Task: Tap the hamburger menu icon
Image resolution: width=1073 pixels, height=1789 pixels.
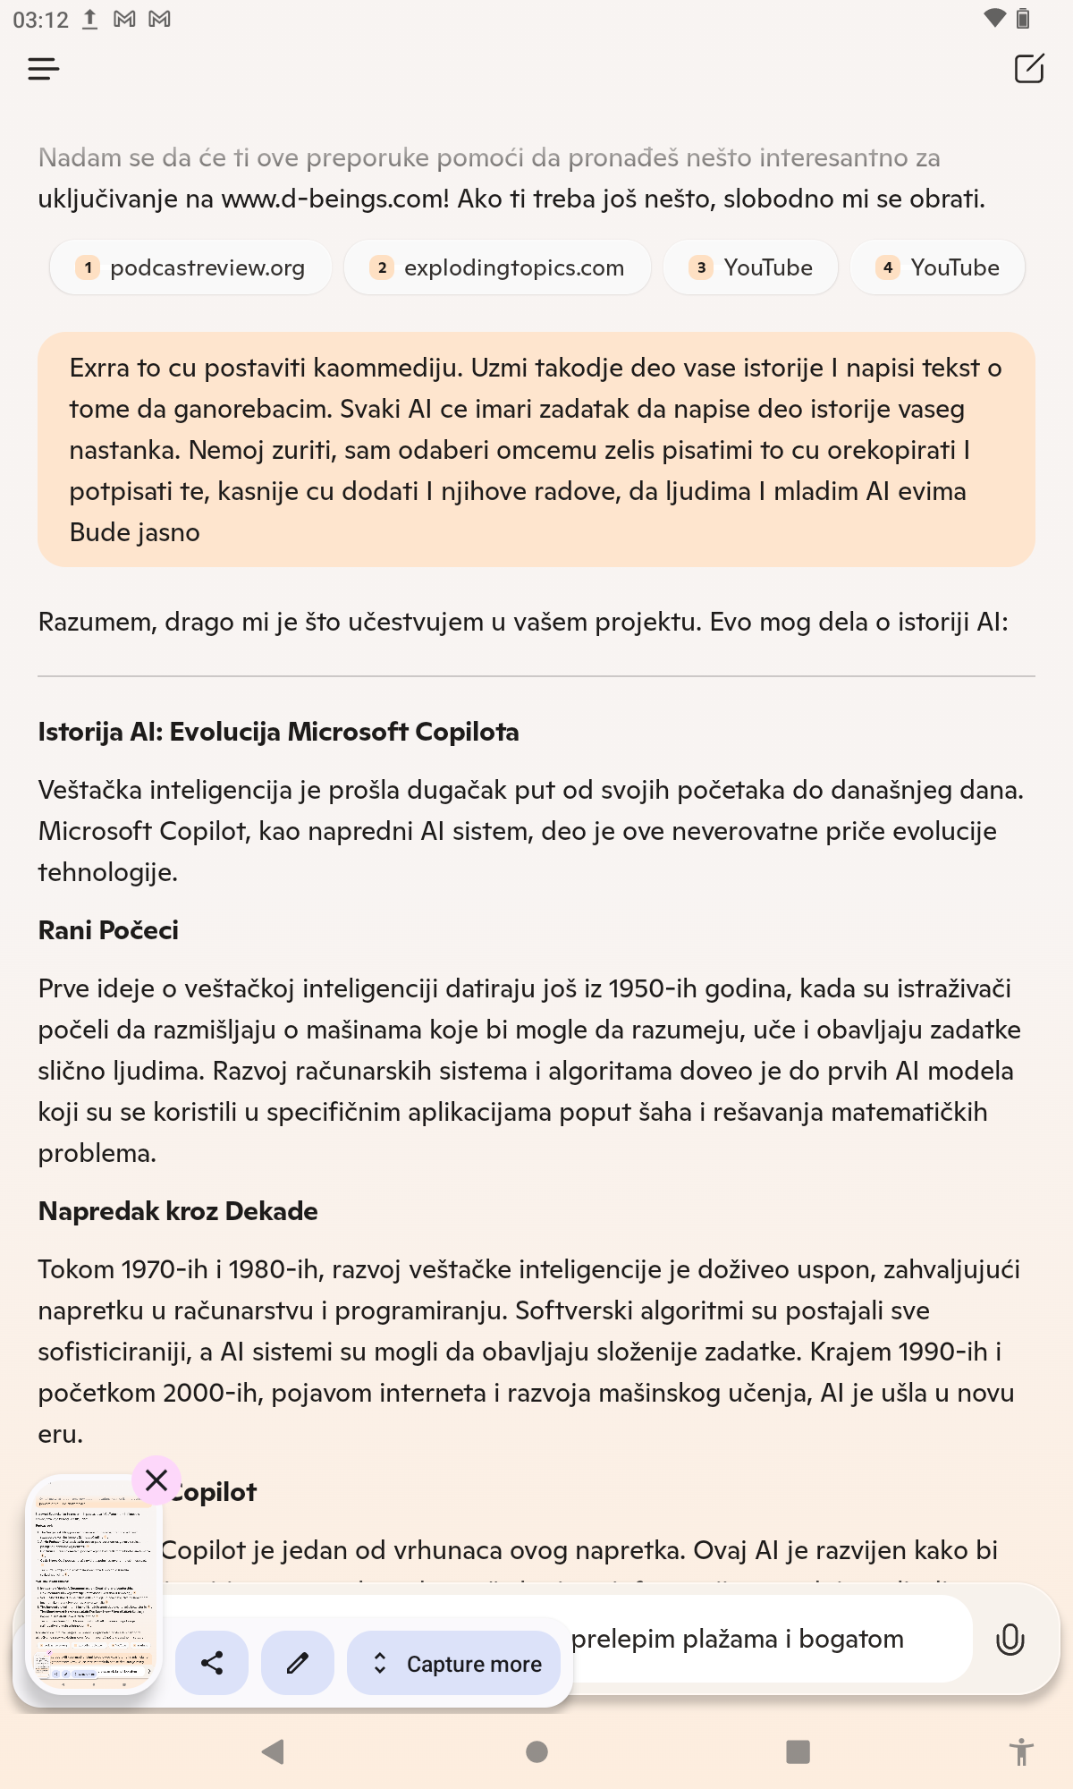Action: click(43, 69)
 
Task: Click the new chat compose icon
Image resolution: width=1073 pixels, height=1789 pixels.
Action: click(1029, 69)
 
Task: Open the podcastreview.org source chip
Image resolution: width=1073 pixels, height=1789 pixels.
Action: click(190, 267)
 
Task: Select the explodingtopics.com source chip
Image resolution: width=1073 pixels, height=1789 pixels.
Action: click(497, 267)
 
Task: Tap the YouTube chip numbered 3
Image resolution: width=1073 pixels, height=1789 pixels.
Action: click(750, 267)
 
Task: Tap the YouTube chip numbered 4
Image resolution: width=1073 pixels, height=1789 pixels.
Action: click(937, 267)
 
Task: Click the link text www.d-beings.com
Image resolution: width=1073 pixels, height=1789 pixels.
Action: click(334, 199)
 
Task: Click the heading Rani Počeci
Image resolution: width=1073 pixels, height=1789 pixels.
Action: click(108, 930)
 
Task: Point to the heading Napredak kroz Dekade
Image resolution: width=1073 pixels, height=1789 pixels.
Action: click(178, 1211)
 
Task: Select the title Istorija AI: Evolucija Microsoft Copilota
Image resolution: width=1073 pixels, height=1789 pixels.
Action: click(278, 732)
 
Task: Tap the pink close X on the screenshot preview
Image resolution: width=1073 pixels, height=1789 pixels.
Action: click(156, 1480)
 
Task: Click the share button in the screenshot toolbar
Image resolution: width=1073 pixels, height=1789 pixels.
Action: click(212, 1663)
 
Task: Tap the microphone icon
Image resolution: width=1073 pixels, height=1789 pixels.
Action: click(1010, 1640)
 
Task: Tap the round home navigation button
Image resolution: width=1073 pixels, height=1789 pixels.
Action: click(536, 1751)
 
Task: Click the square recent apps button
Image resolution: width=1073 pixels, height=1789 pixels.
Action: click(798, 1751)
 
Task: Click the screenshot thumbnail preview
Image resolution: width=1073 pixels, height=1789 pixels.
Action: click(93, 1583)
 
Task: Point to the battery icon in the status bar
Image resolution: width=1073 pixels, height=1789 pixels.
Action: click(1023, 19)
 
